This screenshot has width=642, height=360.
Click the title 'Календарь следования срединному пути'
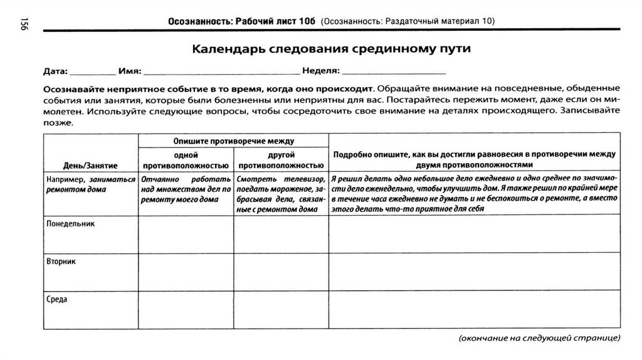coord(330,48)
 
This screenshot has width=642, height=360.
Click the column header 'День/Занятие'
coord(90,165)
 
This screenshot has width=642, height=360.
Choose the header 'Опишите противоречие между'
coord(233,141)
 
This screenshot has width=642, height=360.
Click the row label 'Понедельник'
coord(70,223)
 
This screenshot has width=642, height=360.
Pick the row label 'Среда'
coord(57,299)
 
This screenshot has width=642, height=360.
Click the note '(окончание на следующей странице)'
coord(539,338)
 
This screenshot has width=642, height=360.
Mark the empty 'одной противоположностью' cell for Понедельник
coord(186,233)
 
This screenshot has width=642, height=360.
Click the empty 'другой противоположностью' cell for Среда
coord(281,310)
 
